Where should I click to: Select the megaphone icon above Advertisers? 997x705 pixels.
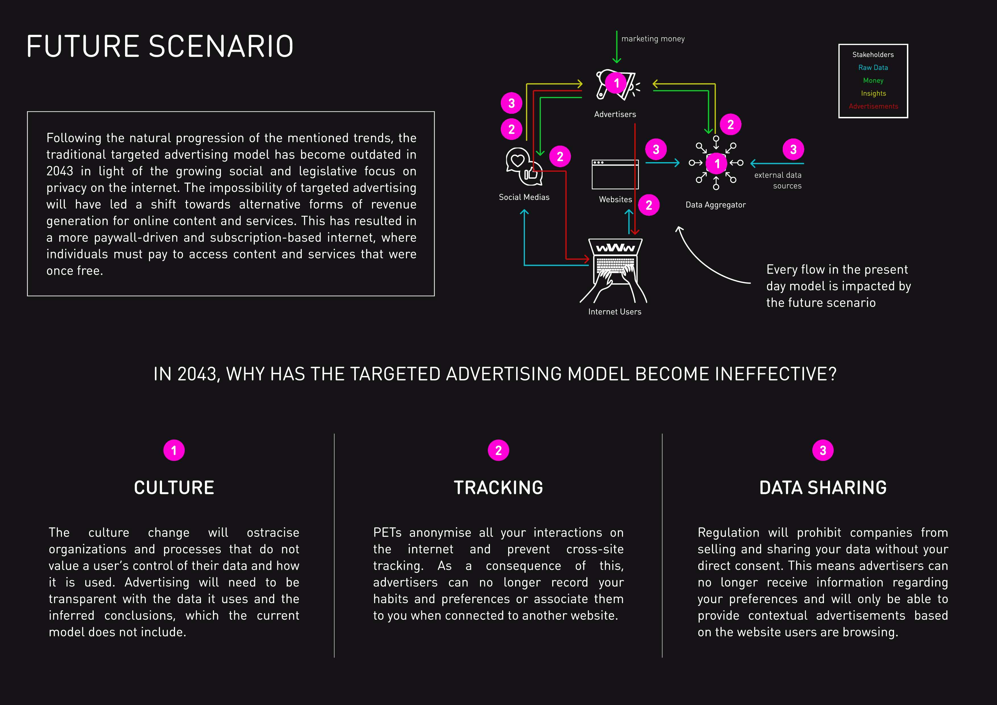pos(616,85)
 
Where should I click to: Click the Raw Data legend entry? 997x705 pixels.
pos(873,68)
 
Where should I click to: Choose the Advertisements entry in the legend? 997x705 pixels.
pos(873,106)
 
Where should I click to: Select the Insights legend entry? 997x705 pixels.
pos(873,93)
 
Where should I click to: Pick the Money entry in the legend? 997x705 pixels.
pos(873,81)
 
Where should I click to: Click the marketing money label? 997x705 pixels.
pos(653,39)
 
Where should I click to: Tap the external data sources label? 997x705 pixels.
pos(778,180)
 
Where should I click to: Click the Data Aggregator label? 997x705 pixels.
pos(715,205)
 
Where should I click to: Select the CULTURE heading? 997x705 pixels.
pos(174,488)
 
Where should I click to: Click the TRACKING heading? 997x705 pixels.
pos(498,488)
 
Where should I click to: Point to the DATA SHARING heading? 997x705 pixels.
pos(822,488)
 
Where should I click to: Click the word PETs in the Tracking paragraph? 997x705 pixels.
pos(387,533)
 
